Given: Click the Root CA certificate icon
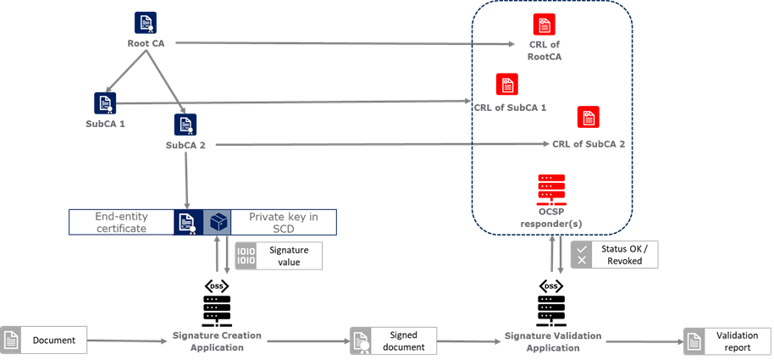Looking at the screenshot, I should [145, 23].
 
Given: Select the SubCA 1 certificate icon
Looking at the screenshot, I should [105, 103].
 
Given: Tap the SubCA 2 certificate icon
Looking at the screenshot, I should [185, 125].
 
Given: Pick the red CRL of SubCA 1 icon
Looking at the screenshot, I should [507, 85].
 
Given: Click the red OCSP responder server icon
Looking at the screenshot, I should [551, 188].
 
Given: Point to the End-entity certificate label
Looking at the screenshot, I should [120, 222].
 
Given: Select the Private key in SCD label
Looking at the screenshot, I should [284, 222].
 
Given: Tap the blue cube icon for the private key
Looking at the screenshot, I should [218, 222].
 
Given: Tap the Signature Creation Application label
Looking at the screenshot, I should [217, 341].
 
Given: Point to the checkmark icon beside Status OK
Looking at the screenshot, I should [582, 247].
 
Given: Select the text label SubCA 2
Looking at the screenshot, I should [186, 146].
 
